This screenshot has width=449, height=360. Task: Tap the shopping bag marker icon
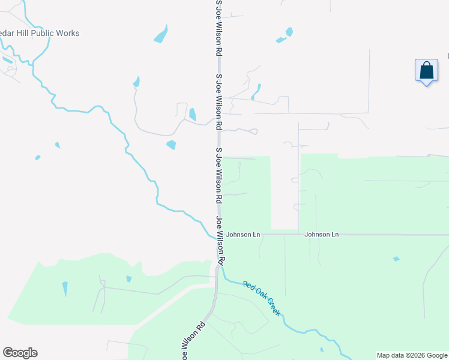pyautogui.click(x=426, y=70)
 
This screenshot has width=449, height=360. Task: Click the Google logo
pyautogui.click(x=20, y=353)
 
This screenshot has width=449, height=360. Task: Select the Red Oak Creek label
pyautogui.click(x=262, y=298)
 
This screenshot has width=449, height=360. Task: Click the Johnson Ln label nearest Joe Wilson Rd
pyautogui.click(x=243, y=234)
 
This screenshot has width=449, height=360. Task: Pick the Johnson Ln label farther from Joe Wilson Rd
pyautogui.click(x=321, y=234)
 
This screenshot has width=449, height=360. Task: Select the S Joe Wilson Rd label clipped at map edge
pyautogui.click(x=219, y=27)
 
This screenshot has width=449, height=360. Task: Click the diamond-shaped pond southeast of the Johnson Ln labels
pyautogui.click(x=396, y=259)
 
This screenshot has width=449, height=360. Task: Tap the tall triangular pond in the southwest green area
pyautogui.click(x=65, y=289)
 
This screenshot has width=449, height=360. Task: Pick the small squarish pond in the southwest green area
pyautogui.click(x=129, y=279)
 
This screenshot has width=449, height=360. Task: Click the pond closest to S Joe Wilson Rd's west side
pyautogui.click(x=192, y=114)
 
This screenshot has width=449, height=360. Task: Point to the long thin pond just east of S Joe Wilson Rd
pyautogui.click(x=256, y=91)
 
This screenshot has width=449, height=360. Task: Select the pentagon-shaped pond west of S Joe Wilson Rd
pyautogui.click(x=172, y=145)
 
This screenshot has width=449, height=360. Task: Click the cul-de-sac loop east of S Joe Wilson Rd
pyautogui.click(x=253, y=131)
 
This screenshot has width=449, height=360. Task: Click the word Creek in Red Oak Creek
pyautogui.click(x=271, y=305)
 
